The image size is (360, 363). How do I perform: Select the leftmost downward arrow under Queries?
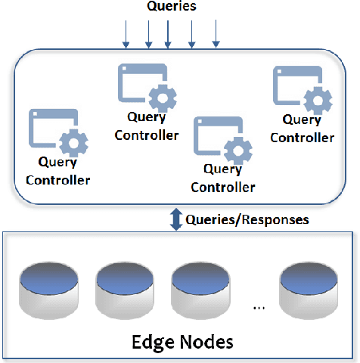coord(126,34)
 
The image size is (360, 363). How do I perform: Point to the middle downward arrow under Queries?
coord(168,34)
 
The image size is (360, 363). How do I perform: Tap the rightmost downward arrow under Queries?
coord(217,34)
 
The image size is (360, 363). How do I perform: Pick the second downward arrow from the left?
coord(148,34)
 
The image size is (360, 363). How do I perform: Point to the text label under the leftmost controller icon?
coord(58,172)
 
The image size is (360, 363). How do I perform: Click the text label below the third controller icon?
coord(223,179)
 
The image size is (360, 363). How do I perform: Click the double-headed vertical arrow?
coord(176,219)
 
